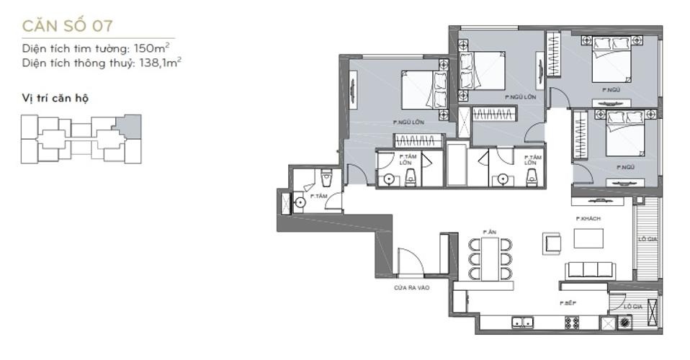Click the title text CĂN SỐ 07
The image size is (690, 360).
68,27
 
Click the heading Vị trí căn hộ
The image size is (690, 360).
55,98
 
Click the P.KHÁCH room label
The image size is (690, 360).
588,219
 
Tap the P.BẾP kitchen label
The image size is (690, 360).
567,304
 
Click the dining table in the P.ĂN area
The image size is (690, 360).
490,258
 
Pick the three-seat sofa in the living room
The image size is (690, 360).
591,270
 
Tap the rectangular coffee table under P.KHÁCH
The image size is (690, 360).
588,238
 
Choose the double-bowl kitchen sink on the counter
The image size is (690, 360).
522,323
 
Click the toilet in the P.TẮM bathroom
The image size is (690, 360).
326,175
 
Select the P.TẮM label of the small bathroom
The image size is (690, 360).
316,196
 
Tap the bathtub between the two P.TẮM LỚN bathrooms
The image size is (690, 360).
457,166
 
